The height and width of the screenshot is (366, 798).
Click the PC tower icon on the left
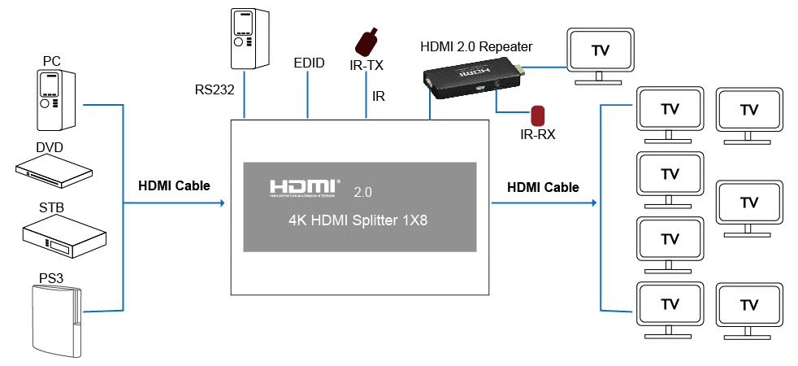coord(56,99)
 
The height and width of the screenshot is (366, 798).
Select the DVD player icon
coord(54,168)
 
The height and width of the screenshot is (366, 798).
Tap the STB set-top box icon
coord(63,235)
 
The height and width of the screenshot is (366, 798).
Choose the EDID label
coord(309,63)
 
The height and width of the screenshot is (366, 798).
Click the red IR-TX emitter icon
coord(367,41)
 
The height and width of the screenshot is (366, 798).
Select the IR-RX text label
coord(537,134)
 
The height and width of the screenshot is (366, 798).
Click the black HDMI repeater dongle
coord(472,81)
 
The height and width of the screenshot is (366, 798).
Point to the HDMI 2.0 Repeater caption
coord(476,46)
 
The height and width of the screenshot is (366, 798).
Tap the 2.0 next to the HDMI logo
coord(362,194)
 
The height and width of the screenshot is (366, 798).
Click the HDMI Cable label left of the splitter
coord(174,185)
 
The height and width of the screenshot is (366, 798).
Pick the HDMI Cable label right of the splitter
coord(543,187)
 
